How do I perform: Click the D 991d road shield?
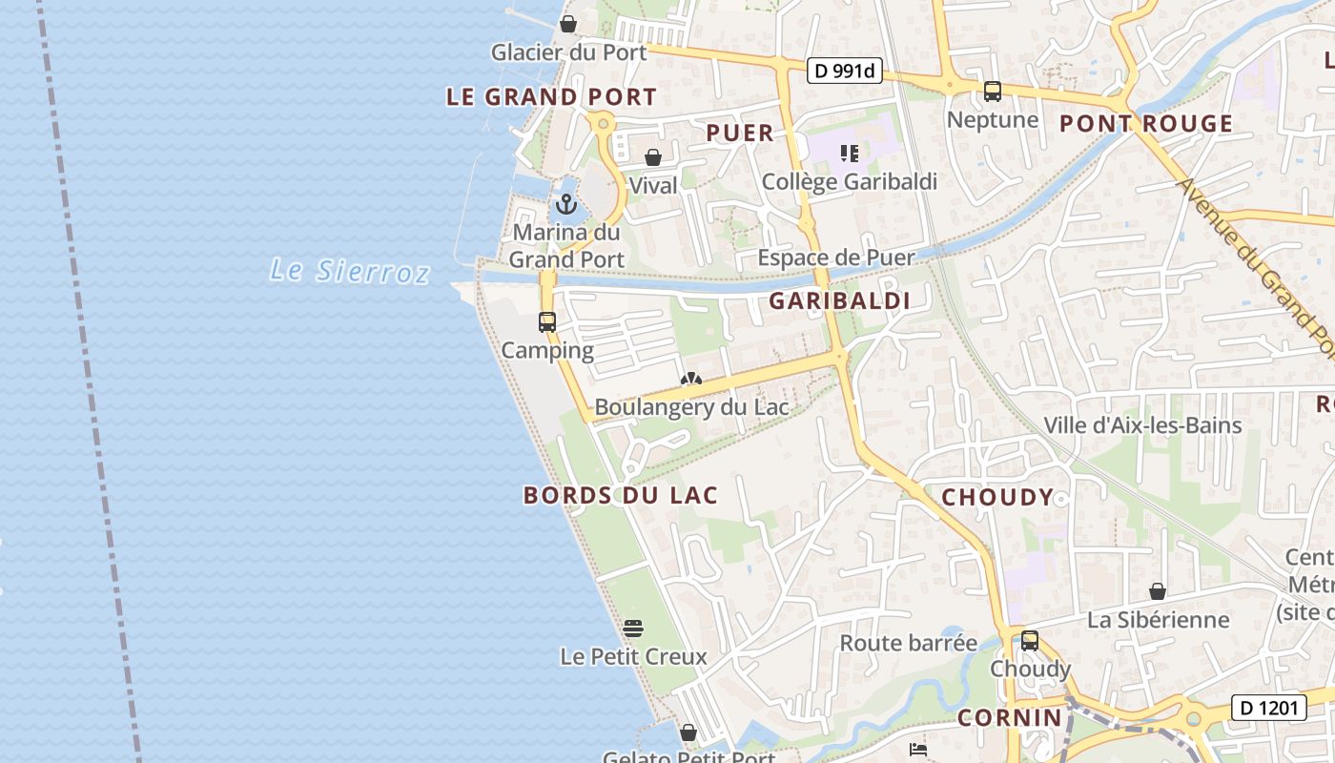click(845, 71)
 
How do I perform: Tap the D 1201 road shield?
click(1268, 708)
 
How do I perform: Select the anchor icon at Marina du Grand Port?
click(567, 204)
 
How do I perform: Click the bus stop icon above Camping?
click(546, 322)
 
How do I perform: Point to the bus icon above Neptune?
click(993, 92)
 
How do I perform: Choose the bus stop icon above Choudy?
click(1030, 641)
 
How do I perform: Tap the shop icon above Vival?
click(653, 157)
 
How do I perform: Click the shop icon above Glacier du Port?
click(568, 24)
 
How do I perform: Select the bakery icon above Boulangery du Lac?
click(691, 380)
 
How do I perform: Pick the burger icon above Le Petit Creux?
click(633, 629)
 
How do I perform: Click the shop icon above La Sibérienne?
click(1158, 592)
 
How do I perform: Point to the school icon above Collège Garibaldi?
click(850, 154)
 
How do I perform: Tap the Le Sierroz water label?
click(349, 271)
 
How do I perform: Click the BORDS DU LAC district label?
click(620, 495)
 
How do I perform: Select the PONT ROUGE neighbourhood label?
click(1146, 124)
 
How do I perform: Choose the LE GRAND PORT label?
click(551, 97)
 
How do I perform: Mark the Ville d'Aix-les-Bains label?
click(1142, 425)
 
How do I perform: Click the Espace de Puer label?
click(835, 258)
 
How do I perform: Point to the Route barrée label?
click(908, 643)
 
